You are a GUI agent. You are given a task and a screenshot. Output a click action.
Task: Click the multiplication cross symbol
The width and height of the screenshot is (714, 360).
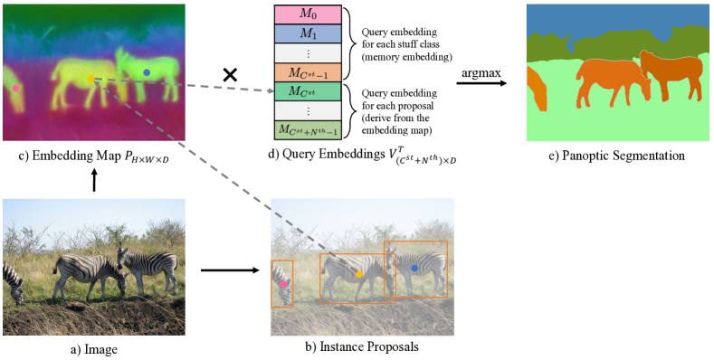[230, 75]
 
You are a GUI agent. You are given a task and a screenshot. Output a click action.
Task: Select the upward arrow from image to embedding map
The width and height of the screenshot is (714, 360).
[94, 181]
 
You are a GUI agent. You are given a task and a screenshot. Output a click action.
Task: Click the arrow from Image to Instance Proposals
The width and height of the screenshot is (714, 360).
[228, 269]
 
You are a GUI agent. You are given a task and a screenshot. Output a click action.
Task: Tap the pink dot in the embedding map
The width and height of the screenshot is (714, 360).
[15, 88]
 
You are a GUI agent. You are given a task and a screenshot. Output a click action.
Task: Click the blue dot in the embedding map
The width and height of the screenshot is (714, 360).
[147, 71]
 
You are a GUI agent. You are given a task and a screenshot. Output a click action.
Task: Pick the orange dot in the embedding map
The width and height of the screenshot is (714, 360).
[90, 80]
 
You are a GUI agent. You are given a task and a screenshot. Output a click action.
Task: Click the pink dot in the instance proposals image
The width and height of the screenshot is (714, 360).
[283, 284]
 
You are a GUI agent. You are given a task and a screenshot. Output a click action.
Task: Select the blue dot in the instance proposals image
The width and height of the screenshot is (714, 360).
[414, 269]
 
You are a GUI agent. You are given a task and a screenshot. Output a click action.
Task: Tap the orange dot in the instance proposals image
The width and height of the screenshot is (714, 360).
[359, 273]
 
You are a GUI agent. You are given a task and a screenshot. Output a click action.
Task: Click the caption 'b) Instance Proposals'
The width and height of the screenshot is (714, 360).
[362, 347]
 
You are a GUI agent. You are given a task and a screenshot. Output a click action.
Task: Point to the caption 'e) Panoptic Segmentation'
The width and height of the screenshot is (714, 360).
[615, 156]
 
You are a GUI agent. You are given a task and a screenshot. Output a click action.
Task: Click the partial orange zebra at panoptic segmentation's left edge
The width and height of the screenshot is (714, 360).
[536, 91]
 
